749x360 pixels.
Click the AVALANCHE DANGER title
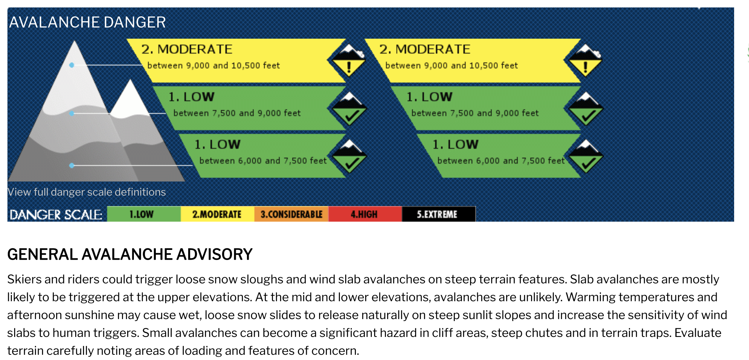tap(87, 22)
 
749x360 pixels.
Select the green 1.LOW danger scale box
tap(144, 214)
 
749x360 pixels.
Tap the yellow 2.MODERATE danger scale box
tap(218, 214)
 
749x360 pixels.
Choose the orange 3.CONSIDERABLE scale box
tap(292, 214)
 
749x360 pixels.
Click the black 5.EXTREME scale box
tap(438, 214)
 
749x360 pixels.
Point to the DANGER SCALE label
tap(56, 215)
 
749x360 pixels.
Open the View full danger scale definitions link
tap(87, 192)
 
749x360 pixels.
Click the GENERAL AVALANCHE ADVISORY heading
tap(130, 254)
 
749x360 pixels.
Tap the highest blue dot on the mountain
tap(72, 65)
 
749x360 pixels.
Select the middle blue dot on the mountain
tap(72, 113)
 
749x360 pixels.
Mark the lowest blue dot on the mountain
tap(72, 165)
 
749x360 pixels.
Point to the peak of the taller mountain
tap(75, 41)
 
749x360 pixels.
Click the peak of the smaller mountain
tap(130, 80)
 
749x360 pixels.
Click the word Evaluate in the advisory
tap(698, 332)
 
